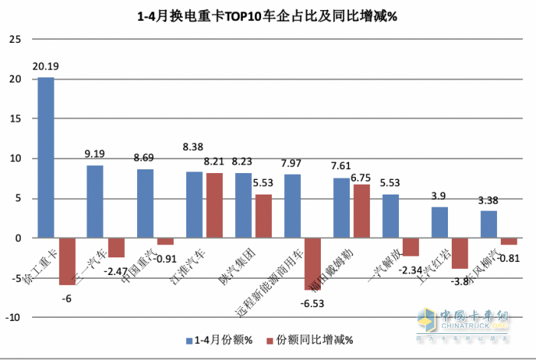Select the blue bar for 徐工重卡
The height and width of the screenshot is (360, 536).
coord(46,157)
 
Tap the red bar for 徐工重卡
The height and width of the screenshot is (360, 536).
coord(67,261)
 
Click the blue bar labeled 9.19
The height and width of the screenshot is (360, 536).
coord(95,201)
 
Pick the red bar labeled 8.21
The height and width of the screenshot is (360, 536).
coord(214,205)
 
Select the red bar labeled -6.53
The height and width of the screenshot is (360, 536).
coord(312,263)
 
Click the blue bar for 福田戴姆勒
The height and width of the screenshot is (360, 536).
coord(342,208)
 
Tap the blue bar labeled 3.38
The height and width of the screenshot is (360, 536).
coord(489,224)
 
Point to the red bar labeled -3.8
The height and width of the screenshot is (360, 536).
coord(459,253)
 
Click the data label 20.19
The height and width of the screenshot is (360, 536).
coord(46,67)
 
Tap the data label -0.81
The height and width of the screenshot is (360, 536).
coord(511,258)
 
